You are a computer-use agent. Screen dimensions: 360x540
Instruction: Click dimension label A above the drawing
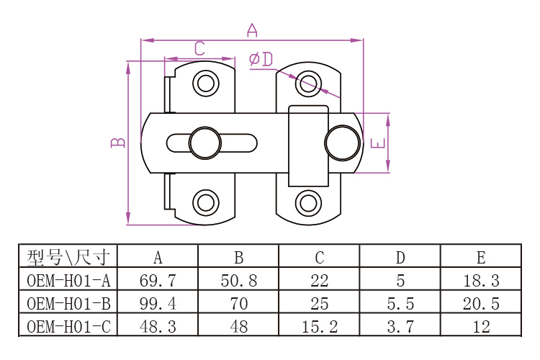[x=252, y=30]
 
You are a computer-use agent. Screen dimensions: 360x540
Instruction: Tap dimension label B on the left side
[x=119, y=142]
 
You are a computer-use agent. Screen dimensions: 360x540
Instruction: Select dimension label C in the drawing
[x=199, y=49]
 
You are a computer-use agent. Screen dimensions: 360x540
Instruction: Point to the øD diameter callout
[x=261, y=59]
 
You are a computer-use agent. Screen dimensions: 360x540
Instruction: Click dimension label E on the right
[x=377, y=142]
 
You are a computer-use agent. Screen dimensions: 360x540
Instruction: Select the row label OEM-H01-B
[x=68, y=303]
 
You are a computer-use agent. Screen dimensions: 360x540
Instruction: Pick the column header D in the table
[x=400, y=257]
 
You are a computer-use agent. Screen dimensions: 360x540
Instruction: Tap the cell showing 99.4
[x=157, y=303]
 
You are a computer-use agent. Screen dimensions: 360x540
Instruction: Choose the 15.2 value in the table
[x=320, y=326]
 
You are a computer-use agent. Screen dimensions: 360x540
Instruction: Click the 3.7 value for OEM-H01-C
[x=400, y=326]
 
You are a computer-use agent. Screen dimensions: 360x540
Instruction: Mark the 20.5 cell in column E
[x=481, y=303]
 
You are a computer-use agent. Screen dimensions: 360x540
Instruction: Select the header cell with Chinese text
[x=68, y=257]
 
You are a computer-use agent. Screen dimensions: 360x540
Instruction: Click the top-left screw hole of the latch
[x=206, y=84]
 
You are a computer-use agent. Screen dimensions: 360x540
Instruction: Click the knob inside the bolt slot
[x=204, y=142]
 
